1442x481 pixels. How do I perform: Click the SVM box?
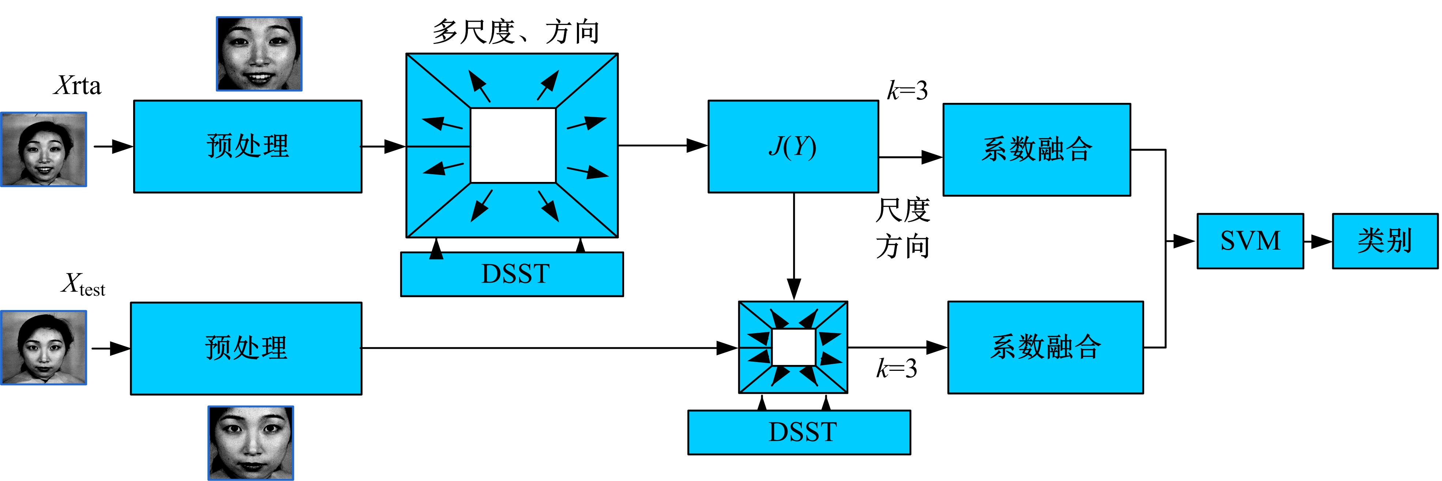click(x=1250, y=241)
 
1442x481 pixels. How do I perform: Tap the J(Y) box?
click(x=793, y=147)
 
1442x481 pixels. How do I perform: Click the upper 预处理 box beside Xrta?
click(x=247, y=147)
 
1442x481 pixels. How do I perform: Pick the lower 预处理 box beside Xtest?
click(x=246, y=348)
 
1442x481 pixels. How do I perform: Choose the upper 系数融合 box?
click(x=1036, y=149)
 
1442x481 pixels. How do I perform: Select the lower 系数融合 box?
click(x=1045, y=347)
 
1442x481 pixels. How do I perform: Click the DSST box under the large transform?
click(x=512, y=274)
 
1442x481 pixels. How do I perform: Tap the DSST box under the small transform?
click(x=799, y=432)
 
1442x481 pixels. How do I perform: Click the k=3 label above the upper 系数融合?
click(x=908, y=90)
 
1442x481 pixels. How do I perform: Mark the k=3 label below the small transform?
click(x=896, y=369)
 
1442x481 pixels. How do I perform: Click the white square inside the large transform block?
click(x=513, y=145)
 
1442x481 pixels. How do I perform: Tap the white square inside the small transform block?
click(x=793, y=347)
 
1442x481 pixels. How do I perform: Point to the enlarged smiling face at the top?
click(x=259, y=54)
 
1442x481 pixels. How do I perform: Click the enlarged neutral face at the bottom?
click(x=251, y=443)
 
